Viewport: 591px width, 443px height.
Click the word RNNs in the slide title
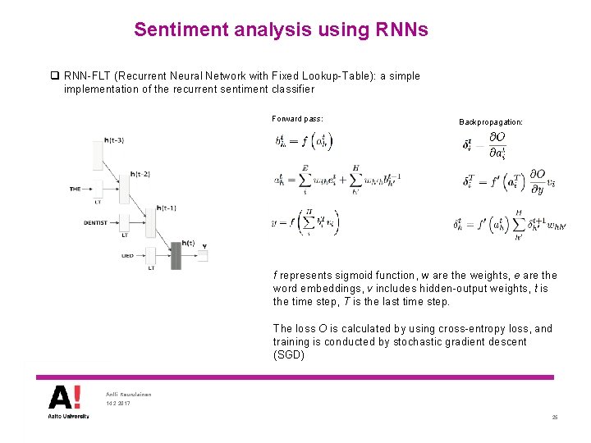[401, 30]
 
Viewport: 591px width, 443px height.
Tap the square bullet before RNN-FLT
[54, 76]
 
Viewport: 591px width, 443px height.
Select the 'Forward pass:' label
[297, 119]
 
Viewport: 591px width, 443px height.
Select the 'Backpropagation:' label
[491, 122]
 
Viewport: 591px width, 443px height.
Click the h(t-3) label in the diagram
[115, 141]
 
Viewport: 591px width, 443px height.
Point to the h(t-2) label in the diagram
[140, 174]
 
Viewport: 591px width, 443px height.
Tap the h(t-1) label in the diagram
[167, 208]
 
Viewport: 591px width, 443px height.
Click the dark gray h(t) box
[176, 256]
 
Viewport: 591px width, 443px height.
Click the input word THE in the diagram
[75, 190]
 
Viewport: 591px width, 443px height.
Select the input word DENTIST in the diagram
[96, 222]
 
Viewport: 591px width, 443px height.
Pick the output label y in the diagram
[204, 245]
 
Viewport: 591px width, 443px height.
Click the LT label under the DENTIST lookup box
[125, 235]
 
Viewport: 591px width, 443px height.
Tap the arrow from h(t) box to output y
[190, 256]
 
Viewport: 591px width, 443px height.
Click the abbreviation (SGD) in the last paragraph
[289, 355]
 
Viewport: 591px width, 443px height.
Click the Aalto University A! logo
[65, 400]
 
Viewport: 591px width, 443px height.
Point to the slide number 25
[555, 418]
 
